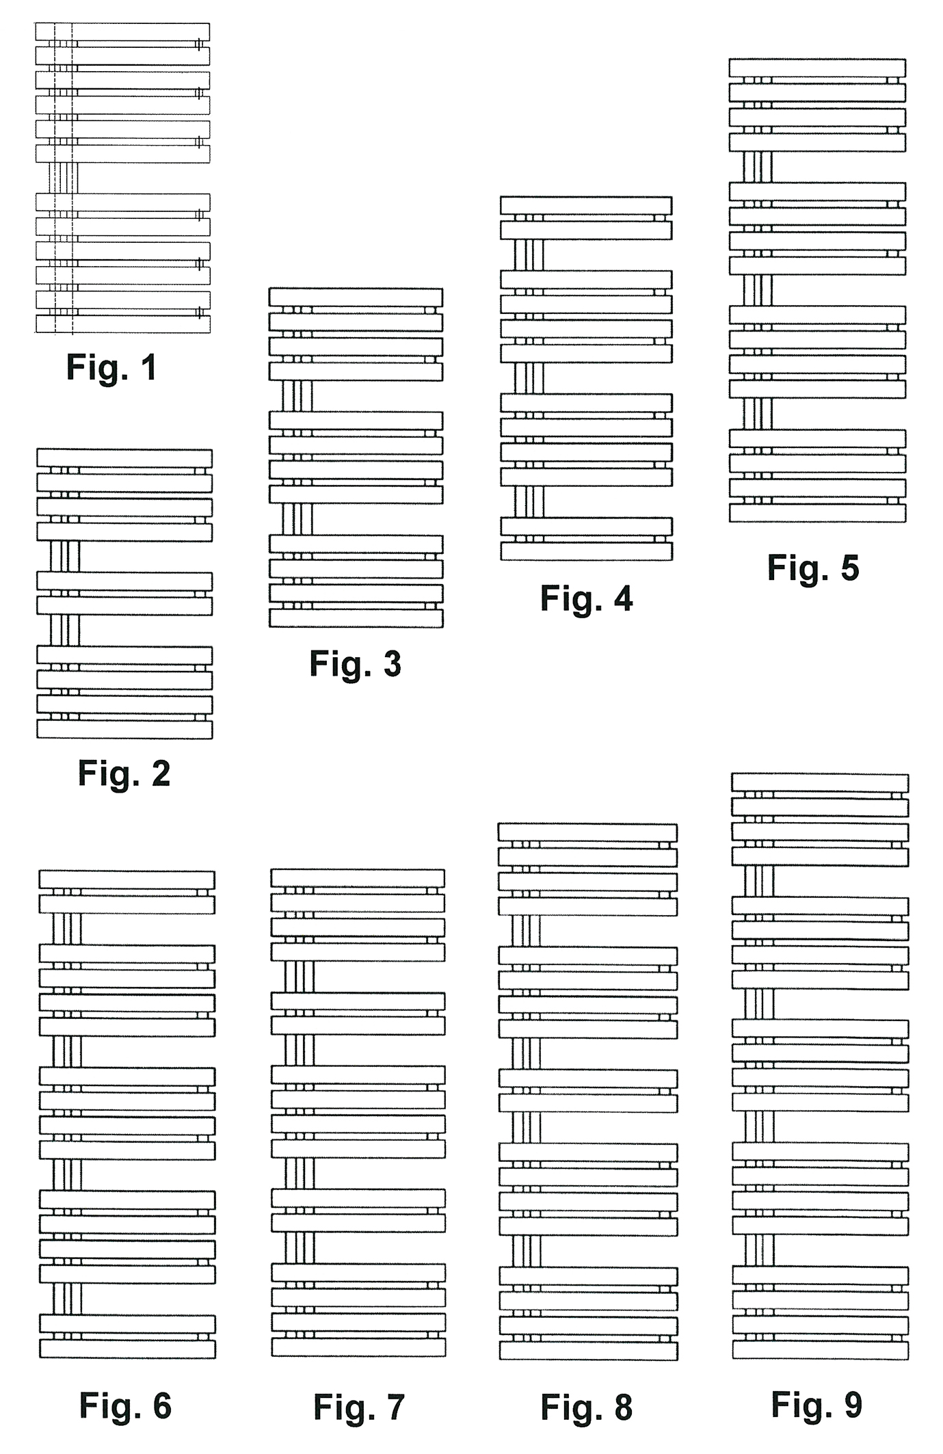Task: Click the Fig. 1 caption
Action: pos(111,367)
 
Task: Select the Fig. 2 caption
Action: pos(124,774)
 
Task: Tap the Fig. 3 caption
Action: pos(355,663)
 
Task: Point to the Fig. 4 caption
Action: pos(586,598)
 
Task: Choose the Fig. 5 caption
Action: pos(812,568)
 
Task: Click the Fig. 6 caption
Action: pos(125,1406)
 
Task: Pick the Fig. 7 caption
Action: pos(359,1407)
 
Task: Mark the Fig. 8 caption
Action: pos(586,1407)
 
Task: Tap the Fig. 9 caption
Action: pos(816,1405)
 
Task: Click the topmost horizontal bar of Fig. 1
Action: pos(122,31)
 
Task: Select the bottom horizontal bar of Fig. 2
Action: pos(124,729)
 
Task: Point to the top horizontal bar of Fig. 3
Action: pos(356,297)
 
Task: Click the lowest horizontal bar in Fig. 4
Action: pos(586,551)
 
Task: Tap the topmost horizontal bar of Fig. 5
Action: pos(817,68)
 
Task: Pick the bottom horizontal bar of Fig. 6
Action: pos(127,1349)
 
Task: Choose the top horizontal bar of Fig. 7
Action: pos(358,878)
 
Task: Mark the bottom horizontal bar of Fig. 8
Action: pos(588,1351)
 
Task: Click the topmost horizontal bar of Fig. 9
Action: pos(820,782)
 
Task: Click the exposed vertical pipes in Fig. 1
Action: pos(63,178)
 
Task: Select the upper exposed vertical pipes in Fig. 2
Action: pos(65,556)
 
